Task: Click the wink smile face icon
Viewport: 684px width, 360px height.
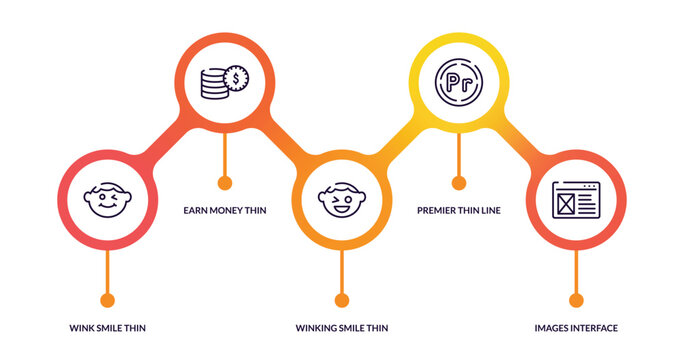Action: (107, 200)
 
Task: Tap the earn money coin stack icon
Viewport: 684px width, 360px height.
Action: (224, 81)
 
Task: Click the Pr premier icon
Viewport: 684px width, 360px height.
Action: (458, 81)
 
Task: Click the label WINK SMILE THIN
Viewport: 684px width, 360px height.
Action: (108, 328)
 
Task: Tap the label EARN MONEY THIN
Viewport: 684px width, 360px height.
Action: (224, 210)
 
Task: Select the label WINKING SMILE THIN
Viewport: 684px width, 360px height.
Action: (342, 328)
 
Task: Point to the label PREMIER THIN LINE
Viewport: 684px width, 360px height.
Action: (459, 210)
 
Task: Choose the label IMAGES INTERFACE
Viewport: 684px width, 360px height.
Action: (576, 328)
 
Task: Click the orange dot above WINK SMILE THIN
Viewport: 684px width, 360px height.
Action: (108, 300)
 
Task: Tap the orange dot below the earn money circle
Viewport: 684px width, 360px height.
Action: (224, 183)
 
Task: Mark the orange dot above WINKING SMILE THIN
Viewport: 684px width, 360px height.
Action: (342, 300)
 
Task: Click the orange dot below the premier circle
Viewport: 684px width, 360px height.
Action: (459, 183)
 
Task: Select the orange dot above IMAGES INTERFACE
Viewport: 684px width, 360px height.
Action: (576, 300)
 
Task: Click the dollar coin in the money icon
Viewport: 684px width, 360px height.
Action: (237, 77)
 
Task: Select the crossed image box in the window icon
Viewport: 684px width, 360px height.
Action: (566, 205)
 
